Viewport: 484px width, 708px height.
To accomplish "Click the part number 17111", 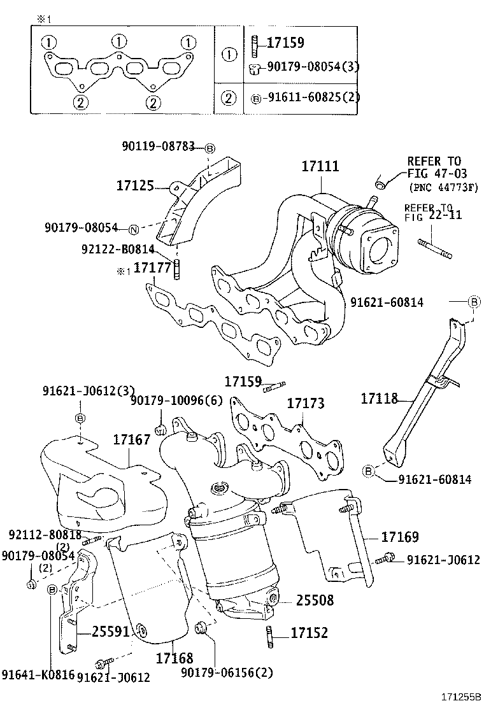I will point(320,167).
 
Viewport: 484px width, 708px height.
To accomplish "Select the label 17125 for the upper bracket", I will point(135,186).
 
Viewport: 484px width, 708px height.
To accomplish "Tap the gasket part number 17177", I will point(152,268).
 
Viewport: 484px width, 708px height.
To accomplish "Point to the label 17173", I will point(305,403).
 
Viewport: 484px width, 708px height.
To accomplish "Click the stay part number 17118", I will point(379,399).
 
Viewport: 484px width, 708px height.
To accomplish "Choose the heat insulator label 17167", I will point(132,439).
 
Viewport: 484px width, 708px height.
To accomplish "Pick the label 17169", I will point(400,537).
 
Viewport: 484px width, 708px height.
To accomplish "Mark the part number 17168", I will point(174,658).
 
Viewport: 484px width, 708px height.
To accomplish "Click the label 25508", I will point(314,600).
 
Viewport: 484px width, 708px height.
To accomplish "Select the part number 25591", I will point(111,632).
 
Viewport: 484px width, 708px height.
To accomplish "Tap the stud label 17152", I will point(309,633).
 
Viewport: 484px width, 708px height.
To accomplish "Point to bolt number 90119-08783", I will point(158,146).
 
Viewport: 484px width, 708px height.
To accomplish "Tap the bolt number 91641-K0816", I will point(38,674).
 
